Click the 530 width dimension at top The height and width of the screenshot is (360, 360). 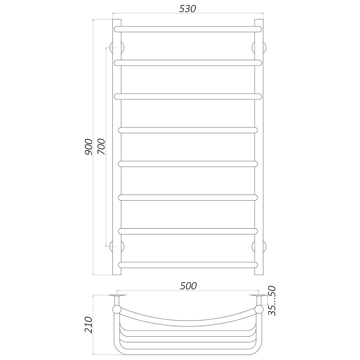click(x=188, y=9)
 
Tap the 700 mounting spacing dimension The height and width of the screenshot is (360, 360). click(x=101, y=147)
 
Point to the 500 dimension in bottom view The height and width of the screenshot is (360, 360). click(x=188, y=286)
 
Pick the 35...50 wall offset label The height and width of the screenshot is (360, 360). click(x=273, y=301)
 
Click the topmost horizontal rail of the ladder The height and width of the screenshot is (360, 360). click(x=188, y=29)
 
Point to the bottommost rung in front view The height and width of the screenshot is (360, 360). click(x=188, y=265)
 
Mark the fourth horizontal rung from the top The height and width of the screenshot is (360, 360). click(x=188, y=130)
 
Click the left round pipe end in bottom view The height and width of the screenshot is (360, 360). click(x=117, y=310)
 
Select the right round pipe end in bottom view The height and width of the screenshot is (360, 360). click(x=259, y=310)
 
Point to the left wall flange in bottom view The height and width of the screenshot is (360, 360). click(x=117, y=296)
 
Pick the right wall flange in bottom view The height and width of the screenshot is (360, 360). click(x=258, y=296)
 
